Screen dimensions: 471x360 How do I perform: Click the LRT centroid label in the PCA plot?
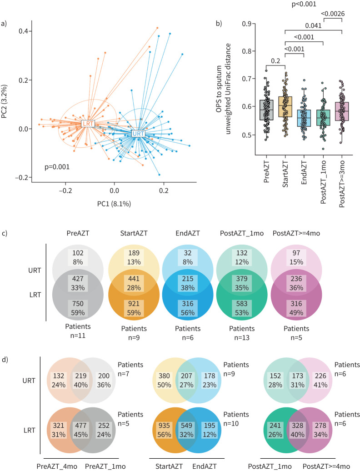[87, 124]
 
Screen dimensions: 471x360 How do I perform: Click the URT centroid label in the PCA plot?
[137, 134]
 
